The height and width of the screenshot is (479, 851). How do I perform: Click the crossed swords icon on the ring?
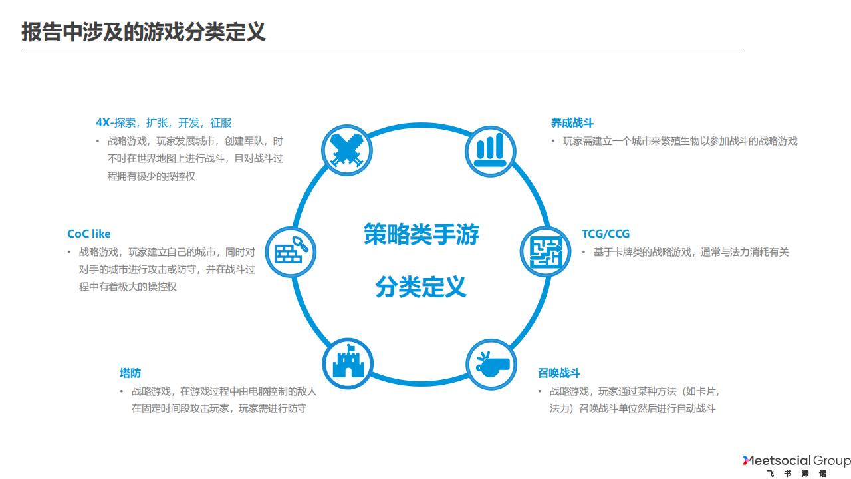point(346,150)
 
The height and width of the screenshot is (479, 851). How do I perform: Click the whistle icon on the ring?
point(492,363)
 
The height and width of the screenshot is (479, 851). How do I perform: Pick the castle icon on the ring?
point(348,363)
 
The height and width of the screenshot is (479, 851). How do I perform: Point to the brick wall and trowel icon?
point(291,252)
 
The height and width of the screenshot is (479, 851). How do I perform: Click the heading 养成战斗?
point(572,123)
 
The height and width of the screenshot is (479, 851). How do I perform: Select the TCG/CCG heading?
point(605,234)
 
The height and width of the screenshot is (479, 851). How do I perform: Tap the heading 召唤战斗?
point(558,373)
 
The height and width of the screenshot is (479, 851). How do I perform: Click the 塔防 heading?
point(130,373)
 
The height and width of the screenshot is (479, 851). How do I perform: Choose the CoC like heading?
point(88,234)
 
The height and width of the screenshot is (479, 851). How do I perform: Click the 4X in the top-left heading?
point(102,123)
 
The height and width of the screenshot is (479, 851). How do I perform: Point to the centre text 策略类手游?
point(421,235)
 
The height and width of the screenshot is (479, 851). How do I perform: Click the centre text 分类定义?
point(421,287)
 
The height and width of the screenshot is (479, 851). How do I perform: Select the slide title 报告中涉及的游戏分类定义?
point(144,31)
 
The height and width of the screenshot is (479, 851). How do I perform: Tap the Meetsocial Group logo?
point(796,460)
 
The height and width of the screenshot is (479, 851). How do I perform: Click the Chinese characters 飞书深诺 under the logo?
point(796,474)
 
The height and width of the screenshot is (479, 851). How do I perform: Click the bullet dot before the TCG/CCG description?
point(584,252)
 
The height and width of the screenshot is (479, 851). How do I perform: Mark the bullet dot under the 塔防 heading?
point(122,391)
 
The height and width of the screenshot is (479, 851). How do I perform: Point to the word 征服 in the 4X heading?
point(221,123)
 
